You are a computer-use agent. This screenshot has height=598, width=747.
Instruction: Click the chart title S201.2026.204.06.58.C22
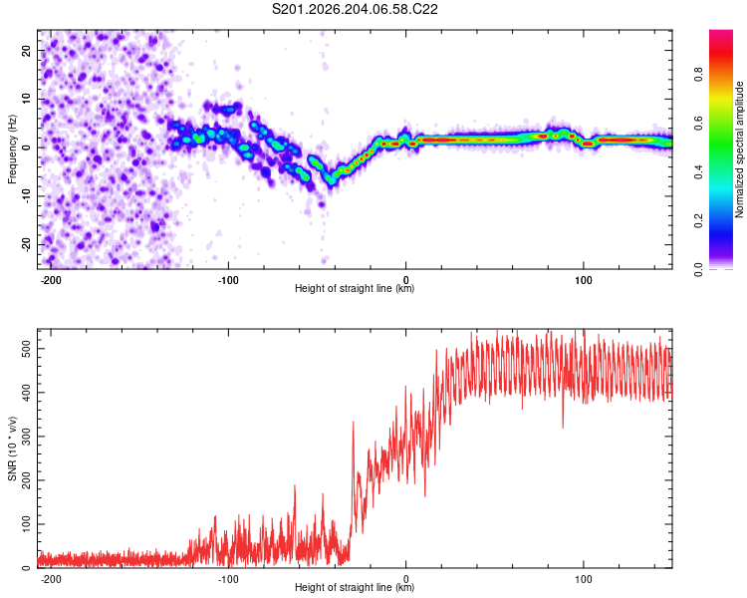coord(355,9)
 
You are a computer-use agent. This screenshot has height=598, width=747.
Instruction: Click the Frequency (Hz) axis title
coord(12,149)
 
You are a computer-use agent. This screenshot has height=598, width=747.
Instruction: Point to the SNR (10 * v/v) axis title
coord(12,448)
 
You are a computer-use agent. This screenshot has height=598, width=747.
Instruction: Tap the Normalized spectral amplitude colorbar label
coord(739,149)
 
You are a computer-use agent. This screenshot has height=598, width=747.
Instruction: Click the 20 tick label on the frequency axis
coord(27,51)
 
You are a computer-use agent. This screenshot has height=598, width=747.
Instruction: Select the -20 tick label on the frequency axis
coord(27,244)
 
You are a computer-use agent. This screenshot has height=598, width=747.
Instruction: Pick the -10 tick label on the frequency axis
coord(27,196)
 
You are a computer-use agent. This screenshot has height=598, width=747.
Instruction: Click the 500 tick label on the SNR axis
coord(27,349)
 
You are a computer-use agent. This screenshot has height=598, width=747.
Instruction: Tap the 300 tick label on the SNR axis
coord(27,437)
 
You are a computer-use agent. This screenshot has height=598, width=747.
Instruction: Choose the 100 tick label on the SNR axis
coord(27,524)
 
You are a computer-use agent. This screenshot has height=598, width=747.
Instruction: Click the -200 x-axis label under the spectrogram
coord(51,280)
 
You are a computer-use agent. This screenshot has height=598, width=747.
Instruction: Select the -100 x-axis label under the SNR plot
coord(228,579)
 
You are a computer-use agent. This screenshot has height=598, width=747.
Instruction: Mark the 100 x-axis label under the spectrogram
coord(583,280)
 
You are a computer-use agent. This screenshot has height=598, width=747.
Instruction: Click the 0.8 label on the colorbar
coord(698,75)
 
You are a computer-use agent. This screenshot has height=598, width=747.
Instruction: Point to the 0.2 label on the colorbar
coord(698,221)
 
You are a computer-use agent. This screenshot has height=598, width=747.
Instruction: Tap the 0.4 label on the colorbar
coord(698,172)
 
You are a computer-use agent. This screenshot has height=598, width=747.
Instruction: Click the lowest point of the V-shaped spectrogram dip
coord(330,181)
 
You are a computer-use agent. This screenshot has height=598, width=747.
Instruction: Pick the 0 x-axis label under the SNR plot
coord(406,579)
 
